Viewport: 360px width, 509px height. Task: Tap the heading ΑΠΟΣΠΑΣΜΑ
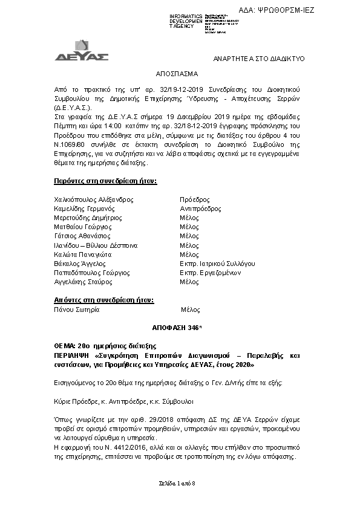tap(177, 73)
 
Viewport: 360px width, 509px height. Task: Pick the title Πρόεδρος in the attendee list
tap(195, 199)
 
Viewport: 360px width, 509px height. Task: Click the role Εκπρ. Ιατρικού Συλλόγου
tap(217, 264)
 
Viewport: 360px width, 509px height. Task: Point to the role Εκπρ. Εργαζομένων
tap(211, 273)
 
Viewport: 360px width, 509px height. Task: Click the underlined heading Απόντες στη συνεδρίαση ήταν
tap(103, 299)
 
